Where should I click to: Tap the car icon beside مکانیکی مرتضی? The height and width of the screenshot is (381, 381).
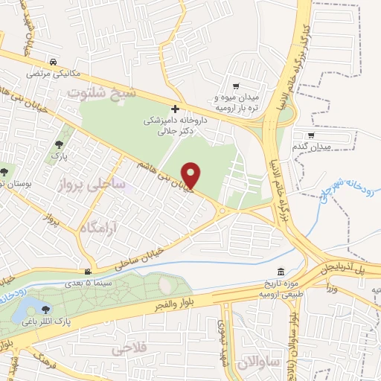click(53, 63)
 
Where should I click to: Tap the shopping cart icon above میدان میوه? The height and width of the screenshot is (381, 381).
click(236, 86)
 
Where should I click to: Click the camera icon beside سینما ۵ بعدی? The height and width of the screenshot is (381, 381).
click(89, 272)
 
